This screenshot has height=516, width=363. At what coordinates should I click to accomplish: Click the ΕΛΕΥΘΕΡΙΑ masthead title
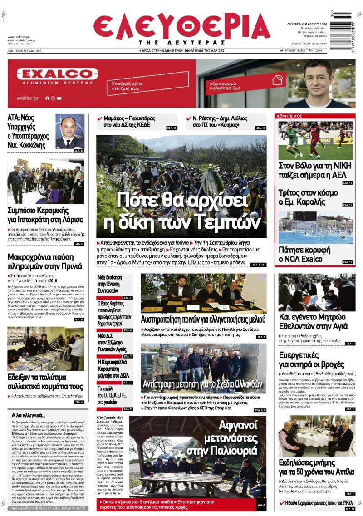[181, 26]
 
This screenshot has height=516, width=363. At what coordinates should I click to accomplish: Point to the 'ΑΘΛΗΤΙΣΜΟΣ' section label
[291, 116]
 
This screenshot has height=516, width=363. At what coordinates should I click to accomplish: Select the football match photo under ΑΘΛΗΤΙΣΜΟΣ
[315, 140]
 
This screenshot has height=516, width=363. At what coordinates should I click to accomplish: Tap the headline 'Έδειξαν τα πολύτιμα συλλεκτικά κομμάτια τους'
[45, 382]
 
